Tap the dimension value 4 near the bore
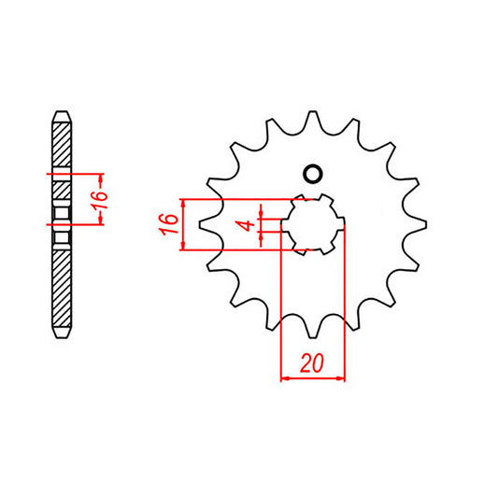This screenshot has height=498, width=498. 244,225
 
